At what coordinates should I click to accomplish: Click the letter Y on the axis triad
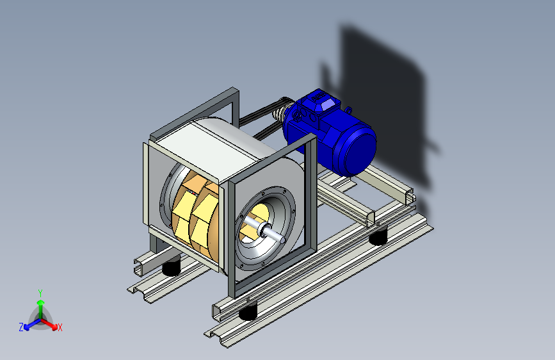(x=40, y=293)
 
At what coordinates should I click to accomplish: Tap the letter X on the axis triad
(x=60, y=327)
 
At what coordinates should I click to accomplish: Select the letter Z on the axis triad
(x=21, y=327)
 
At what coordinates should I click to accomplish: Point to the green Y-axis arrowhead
(x=41, y=303)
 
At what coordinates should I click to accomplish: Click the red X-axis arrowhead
(x=54, y=326)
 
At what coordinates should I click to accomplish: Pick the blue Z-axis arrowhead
(x=27, y=327)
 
